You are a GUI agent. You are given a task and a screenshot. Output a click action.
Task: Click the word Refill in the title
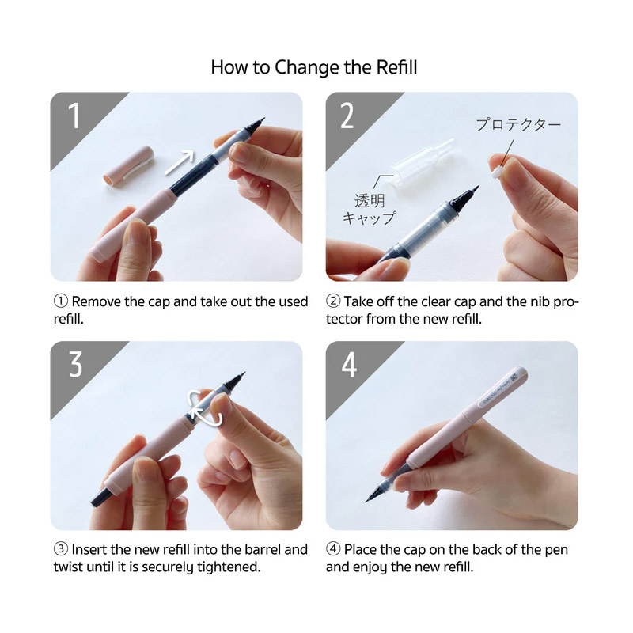pyautogui.click(x=396, y=67)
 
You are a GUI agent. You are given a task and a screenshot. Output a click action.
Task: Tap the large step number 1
pyautogui.click(x=74, y=116)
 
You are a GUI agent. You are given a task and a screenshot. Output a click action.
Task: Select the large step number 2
pyautogui.click(x=347, y=116)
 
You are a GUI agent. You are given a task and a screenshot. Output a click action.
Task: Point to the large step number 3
pyautogui.click(x=75, y=364)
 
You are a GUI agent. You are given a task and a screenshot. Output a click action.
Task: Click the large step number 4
pyautogui.click(x=349, y=365)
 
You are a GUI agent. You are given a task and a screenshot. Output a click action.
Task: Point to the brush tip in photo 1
pyautogui.click(x=259, y=123)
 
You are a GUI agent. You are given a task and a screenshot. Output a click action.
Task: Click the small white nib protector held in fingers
pyautogui.click(x=497, y=173)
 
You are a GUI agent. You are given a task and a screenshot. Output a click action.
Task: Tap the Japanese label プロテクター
pyautogui.click(x=518, y=124)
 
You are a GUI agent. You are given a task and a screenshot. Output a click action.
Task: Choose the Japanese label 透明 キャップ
pyautogui.click(x=370, y=209)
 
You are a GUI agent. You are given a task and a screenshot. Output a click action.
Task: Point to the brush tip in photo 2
pyautogui.click(x=469, y=195)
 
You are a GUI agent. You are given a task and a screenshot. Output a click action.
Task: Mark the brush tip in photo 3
pyautogui.click(x=237, y=378)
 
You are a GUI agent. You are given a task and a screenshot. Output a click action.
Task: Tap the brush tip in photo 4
pyautogui.click(x=373, y=495)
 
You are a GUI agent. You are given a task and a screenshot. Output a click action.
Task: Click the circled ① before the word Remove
pyautogui.click(x=61, y=301)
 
